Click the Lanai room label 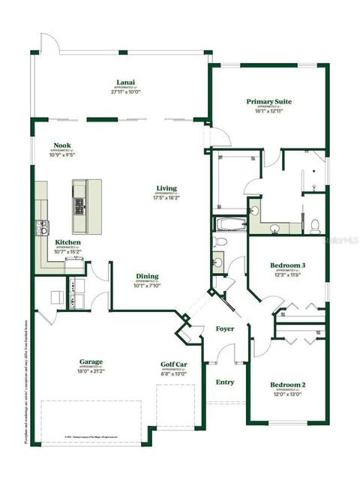tap(126, 82)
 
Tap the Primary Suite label tap(268, 101)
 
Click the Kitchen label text tap(68, 242)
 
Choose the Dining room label tap(147, 275)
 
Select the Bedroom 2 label tap(288, 385)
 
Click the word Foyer tap(224, 328)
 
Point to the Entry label tap(224, 382)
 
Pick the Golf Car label tap(174, 365)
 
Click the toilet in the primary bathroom tap(316, 224)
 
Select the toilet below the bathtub tap(218, 242)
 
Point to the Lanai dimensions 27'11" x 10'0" tap(126, 92)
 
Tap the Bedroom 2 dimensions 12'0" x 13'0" tap(288, 394)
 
